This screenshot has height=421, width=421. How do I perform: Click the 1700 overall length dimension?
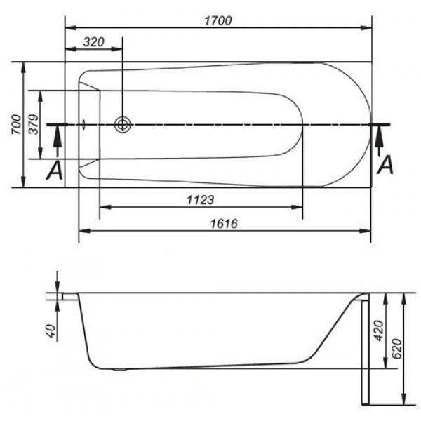218,20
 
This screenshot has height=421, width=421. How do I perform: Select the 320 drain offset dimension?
94,42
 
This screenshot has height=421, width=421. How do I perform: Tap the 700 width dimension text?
16,124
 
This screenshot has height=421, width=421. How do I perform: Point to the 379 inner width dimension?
34,124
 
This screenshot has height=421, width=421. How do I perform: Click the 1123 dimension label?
201,200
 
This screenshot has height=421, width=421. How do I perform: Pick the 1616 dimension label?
225,224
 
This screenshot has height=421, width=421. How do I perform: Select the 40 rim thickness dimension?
51,330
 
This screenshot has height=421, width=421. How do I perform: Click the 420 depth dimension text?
379,330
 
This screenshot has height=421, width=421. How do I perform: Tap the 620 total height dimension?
397,349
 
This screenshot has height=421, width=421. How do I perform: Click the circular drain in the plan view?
122,125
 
